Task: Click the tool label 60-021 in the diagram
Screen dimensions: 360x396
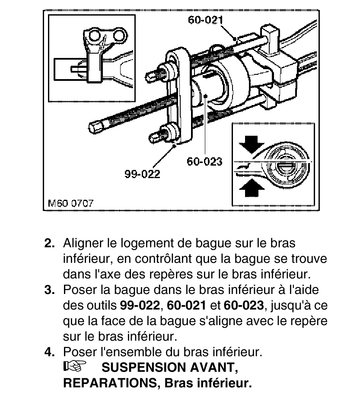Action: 205,20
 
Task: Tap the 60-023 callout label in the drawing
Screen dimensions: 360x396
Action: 204,161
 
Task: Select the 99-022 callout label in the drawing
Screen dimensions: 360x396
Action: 142,174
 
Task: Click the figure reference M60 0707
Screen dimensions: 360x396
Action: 71,203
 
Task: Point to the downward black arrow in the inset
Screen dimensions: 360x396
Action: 251,144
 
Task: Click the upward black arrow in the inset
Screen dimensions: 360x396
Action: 252,188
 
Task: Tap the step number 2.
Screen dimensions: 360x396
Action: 49,243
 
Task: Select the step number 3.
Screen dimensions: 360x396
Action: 49,290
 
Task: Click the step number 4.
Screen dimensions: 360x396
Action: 49,352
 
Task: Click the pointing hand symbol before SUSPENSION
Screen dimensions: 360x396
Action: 74,366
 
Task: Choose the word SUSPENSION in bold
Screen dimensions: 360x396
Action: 143,367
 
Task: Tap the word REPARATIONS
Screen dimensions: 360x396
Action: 110,383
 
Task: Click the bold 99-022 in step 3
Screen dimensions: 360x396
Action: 140,305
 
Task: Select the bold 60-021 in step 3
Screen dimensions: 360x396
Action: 186,305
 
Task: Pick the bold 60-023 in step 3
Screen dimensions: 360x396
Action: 244,305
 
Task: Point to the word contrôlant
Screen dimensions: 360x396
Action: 163,259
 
